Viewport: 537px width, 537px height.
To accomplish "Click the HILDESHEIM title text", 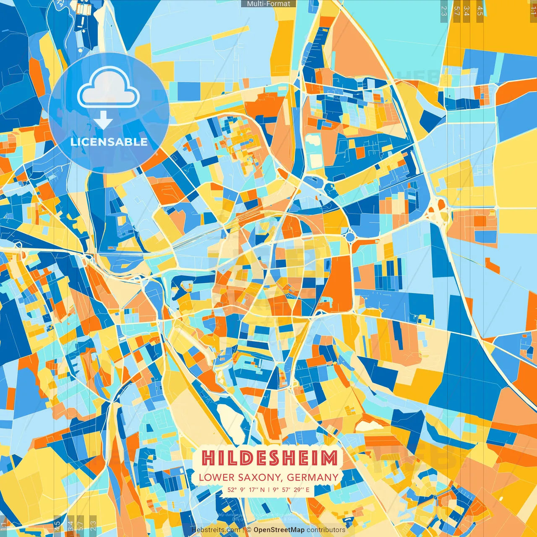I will click(x=269, y=458).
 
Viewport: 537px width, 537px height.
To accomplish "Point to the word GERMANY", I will click(x=313, y=477).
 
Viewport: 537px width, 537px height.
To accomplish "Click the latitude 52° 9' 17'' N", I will click(x=246, y=490).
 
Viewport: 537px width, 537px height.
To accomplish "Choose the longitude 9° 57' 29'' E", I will click(x=291, y=490).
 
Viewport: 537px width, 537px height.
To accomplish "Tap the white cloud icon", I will click(x=108, y=89).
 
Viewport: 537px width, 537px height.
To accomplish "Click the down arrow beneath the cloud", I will click(x=103, y=121).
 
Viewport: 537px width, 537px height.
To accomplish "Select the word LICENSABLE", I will click(x=109, y=142).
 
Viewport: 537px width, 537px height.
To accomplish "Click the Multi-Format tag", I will click(x=268, y=3).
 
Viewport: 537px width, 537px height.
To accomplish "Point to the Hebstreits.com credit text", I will click(x=216, y=530).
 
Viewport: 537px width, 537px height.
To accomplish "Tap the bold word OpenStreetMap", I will click(x=279, y=530).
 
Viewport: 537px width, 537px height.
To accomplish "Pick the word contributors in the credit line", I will click(x=326, y=530).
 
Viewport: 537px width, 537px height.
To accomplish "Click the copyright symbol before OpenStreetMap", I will click(x=249, y=530).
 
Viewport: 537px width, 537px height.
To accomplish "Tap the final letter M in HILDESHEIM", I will click(x=330, y=458).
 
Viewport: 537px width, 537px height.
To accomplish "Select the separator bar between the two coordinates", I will click(x=268, y=490).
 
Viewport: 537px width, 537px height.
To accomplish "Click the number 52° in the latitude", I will click(x=232, y=490).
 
